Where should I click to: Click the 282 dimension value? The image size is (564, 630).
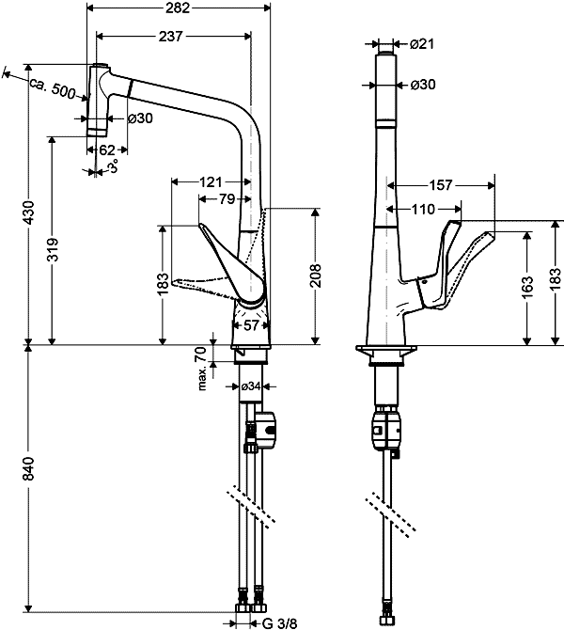(x=177, y=8)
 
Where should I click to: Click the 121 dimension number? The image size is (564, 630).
(x=211, y=181)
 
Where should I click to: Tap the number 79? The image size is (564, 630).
(x=226, y=199)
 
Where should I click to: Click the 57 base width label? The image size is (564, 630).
(x=251, y=325)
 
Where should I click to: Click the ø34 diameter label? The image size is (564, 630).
(x=251, y=386)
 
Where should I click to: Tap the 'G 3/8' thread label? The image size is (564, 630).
(x=278, y=622)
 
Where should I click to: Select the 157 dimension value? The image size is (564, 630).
(x=441, y=184)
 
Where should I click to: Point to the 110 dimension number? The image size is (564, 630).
(x=422, y=209)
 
